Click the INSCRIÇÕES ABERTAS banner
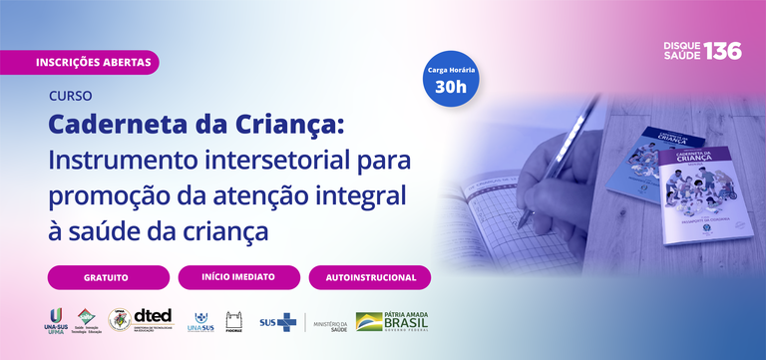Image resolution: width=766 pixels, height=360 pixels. [94, 62]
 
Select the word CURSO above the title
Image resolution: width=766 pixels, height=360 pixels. [70, 97]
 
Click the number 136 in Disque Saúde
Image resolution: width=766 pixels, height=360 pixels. [722, 52]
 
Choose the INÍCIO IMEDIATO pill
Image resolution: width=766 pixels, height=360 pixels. [238, 277]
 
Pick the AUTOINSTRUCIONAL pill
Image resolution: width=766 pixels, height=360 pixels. [369, 277]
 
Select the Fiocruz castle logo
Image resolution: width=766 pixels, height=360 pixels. [234, 321]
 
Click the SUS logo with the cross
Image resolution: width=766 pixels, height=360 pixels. [277, 322]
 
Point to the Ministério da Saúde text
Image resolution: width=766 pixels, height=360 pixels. [330, 324]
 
